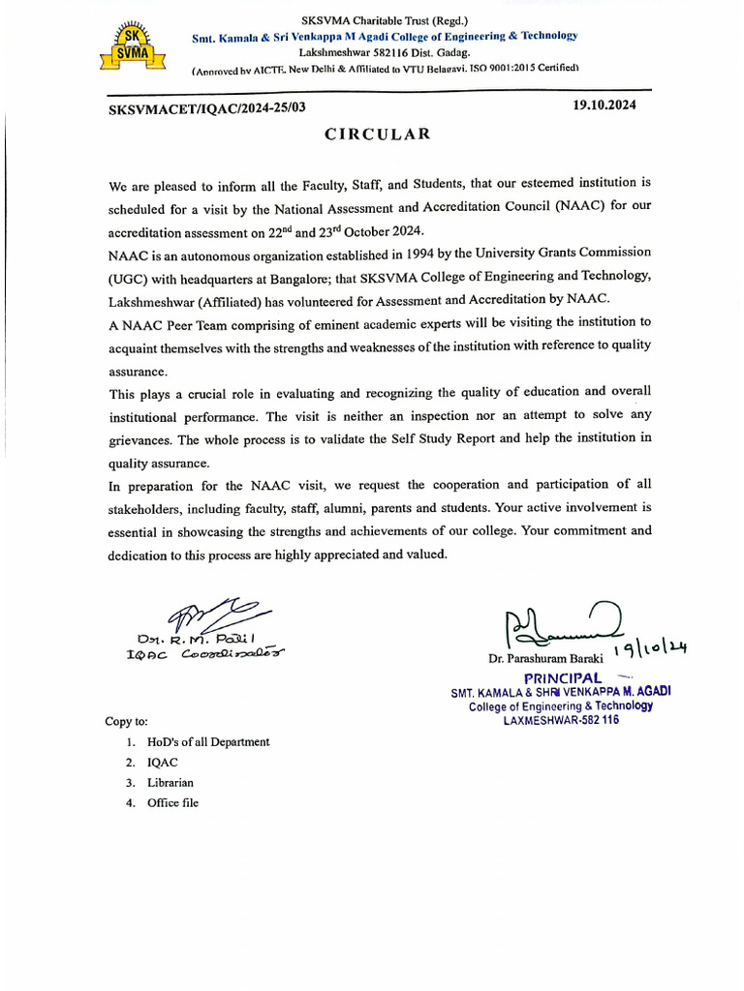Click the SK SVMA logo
click(x=130, y=47)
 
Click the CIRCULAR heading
click(x=377, y=135)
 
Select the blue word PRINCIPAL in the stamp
click(x=563, y=677)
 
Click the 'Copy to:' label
click(x=127, y=721)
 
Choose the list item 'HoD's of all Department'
click(x=208, y=742)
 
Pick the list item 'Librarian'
click(x=170, y=783)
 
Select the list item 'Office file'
click(x=172, y=803)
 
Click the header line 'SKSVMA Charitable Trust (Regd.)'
click(x=385, y=19)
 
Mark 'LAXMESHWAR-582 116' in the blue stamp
click(x=561, y=720)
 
